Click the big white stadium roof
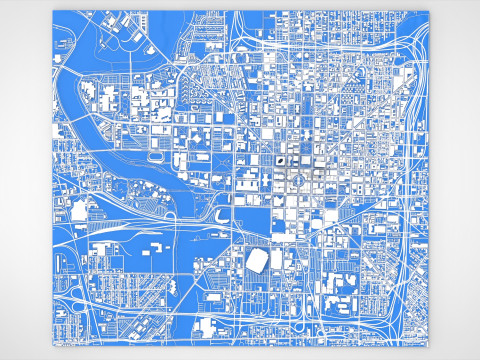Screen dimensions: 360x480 [256, 260]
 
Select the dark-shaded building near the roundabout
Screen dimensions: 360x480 [284, 158]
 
